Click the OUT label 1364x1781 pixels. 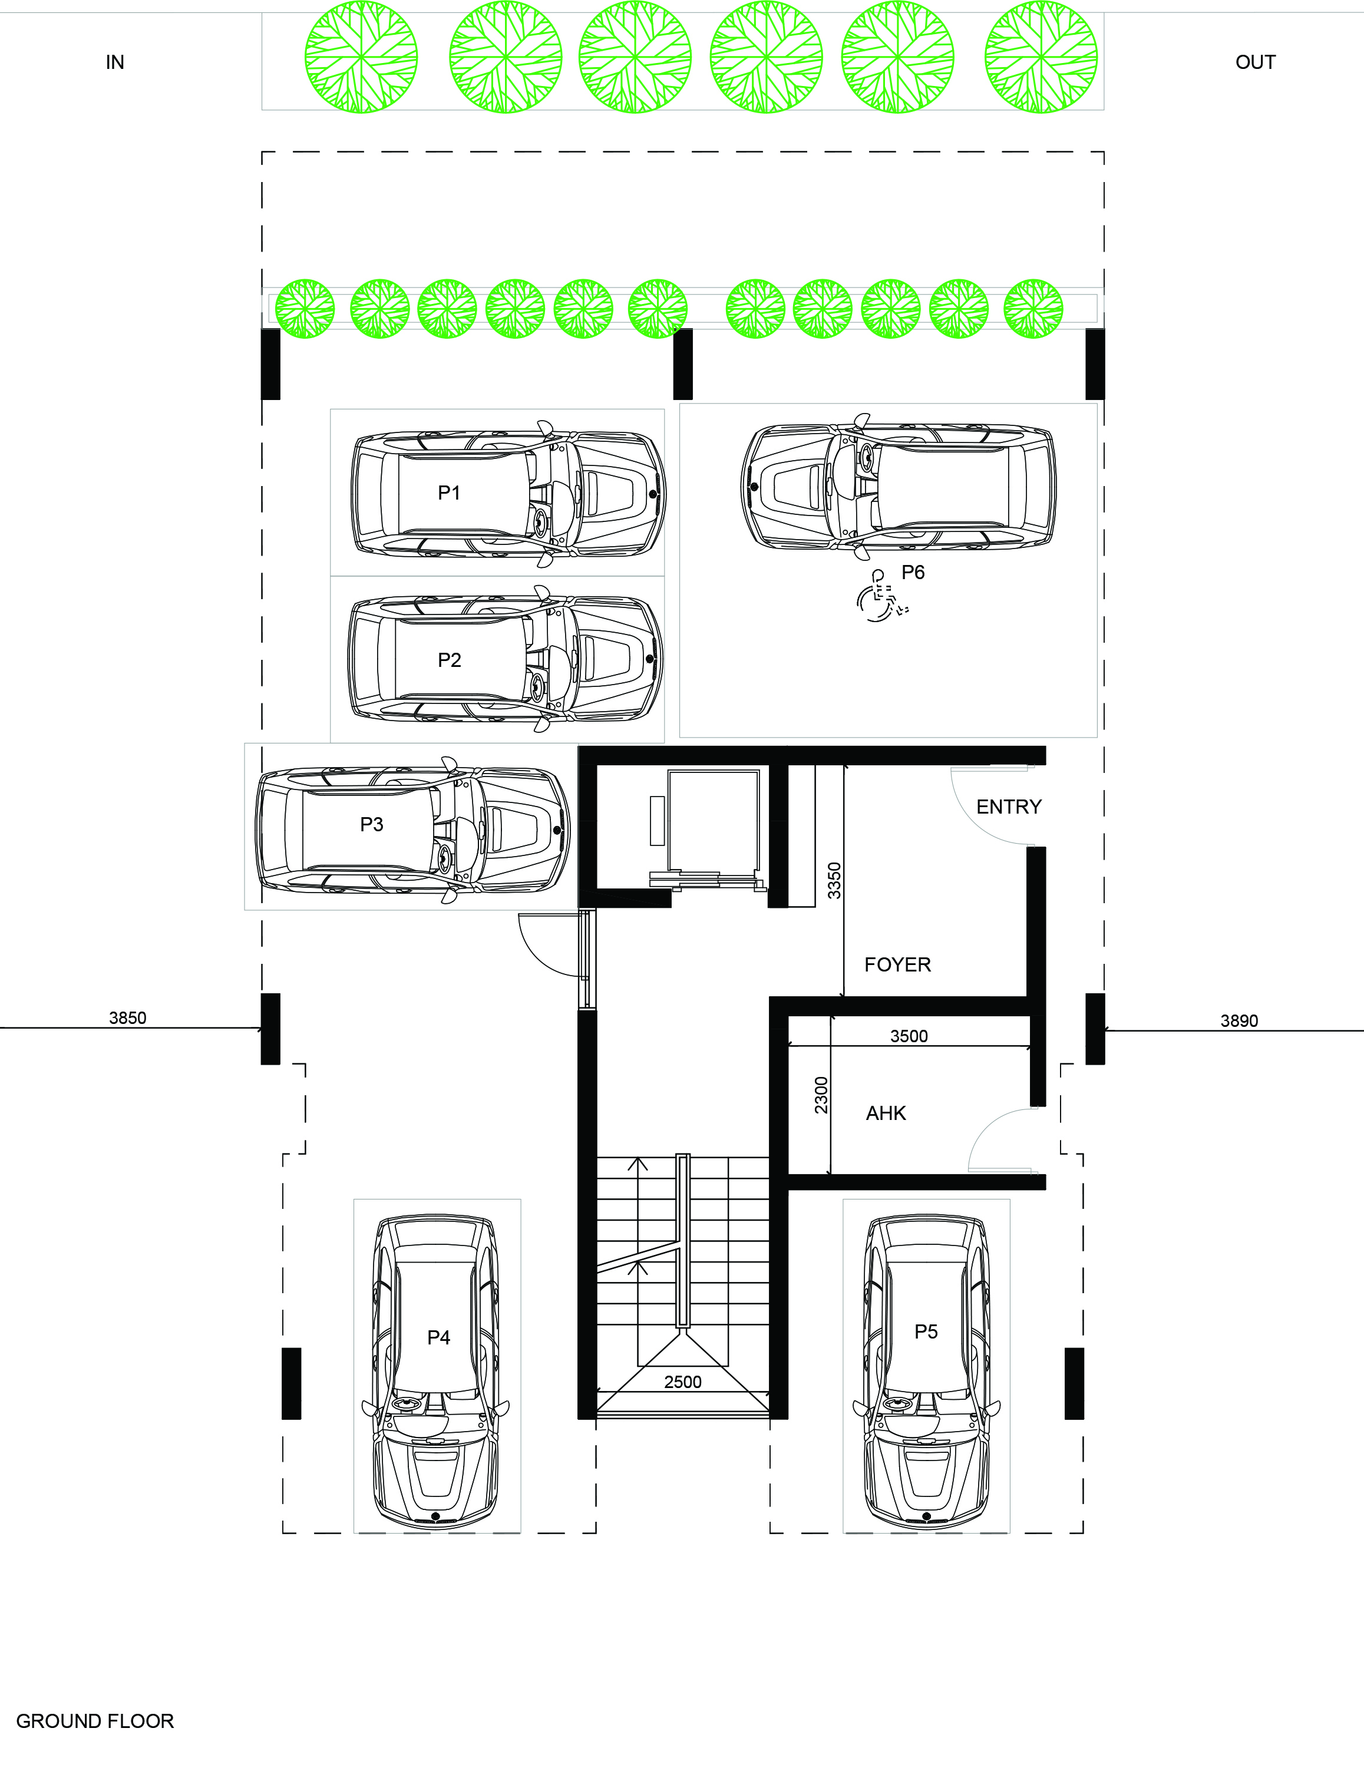click(x=1254, y=62)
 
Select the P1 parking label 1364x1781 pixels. click(x=449, y=493)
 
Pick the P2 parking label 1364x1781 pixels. click(x=449, y=660)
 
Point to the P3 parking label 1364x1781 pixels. click(x=371, y=825)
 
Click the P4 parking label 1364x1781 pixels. click(x=438, y=1337)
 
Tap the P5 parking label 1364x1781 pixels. click(x=926, y=1331)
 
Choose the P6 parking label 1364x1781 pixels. click(x=913, y=572)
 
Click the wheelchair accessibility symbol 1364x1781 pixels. click(x=881, y=597)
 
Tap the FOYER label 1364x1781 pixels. click(x=897, y=964)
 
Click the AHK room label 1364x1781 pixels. click(x=886, y=1113)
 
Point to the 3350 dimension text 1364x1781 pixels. click(x=834, y=880)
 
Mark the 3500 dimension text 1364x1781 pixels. click(x=909, y=1036)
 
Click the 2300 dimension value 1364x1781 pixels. click(x=821, y=1094)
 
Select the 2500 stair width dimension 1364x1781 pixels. click(x=682, y=1382)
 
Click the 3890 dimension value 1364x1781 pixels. click(x=1239, y=1021)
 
